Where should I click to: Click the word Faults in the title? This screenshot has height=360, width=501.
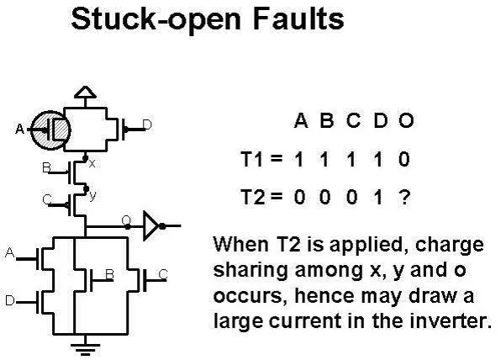click(298, 19)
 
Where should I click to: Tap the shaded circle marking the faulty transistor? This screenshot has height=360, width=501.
click(50, 130)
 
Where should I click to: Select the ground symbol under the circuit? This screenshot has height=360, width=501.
click(85, 349)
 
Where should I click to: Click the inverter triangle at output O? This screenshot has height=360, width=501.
click(150, 225)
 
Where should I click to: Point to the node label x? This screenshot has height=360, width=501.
click(92, 164)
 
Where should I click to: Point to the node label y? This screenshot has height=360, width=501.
click(92, 196)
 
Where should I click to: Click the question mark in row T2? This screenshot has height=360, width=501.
click(404, 197)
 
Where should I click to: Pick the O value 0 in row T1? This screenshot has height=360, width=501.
click(404, 159)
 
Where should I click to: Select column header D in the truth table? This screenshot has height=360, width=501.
click(380, 120)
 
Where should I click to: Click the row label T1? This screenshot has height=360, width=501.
click(253, 159)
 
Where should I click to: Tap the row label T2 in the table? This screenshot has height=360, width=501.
click(253, 197)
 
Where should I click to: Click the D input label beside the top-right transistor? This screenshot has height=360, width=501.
click(147, 124)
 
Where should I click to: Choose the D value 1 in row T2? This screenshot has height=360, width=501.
click(378, 197)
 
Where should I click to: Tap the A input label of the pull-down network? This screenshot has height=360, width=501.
click(9, 253)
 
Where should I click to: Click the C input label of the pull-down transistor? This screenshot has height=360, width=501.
click(163, 274)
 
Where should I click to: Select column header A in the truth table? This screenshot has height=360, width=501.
click(301, 120)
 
